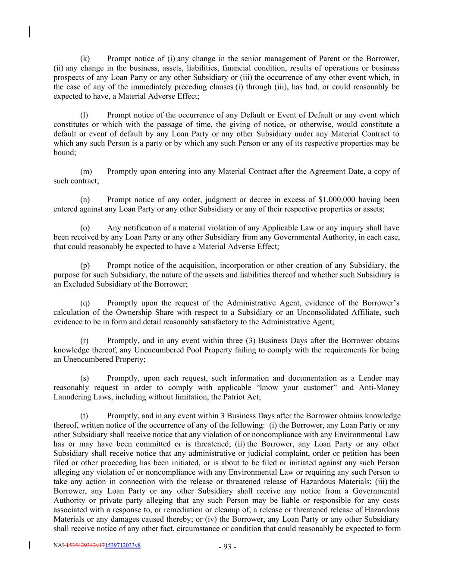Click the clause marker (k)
pos(85,59)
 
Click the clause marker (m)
pos(86,171)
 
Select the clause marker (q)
pos(85,303)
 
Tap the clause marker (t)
pos(85,416)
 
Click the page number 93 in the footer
pos(228,547)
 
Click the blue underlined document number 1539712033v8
pos(122,545)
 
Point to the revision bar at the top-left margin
pos(29,32)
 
